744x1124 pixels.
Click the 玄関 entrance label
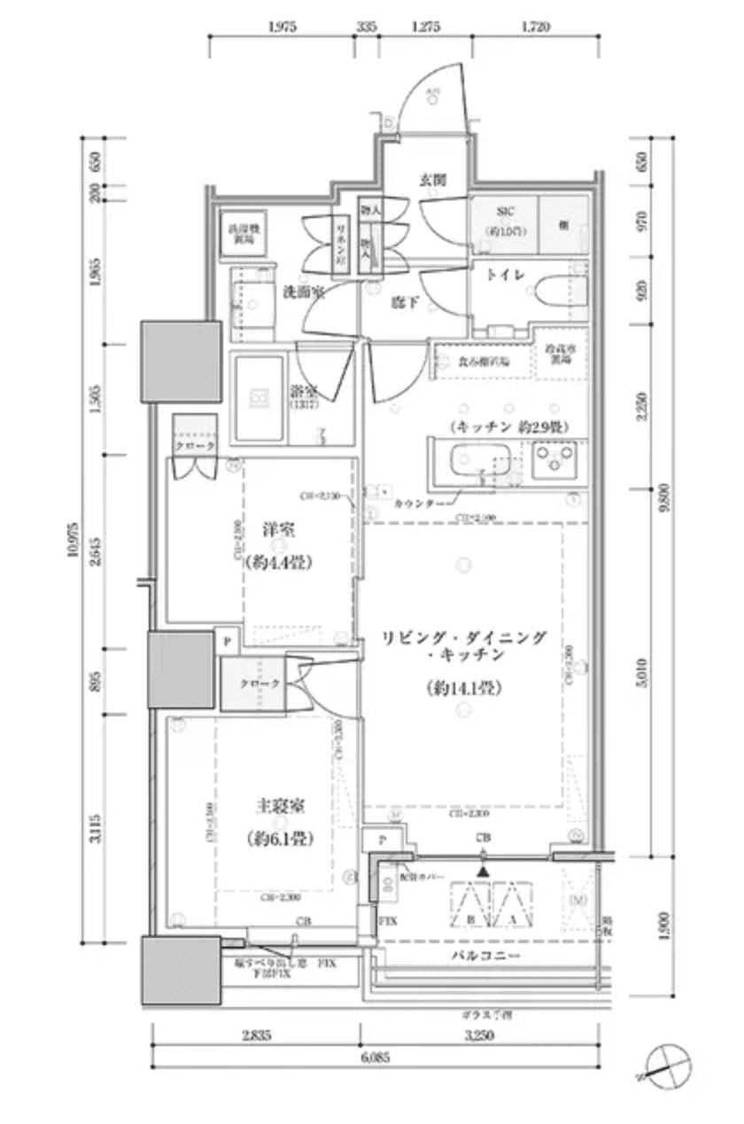[x=432, y=180]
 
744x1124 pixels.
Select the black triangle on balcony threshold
[x=483, y=871]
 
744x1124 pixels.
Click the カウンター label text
[x=413, y=503]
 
